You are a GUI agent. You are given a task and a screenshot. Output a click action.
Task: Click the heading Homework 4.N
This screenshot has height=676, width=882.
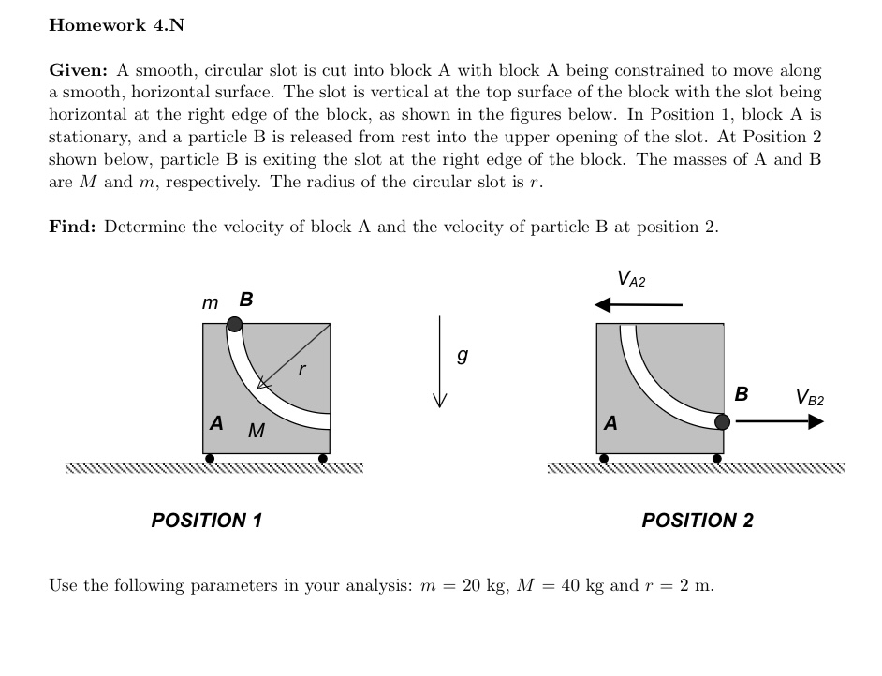[116, 25]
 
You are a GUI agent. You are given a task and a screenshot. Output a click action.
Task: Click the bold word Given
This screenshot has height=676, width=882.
[79, 70]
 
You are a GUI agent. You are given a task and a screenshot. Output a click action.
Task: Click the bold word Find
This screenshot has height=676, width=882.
[73, 227]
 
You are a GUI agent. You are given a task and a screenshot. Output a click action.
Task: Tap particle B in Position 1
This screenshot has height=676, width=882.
[235, 324]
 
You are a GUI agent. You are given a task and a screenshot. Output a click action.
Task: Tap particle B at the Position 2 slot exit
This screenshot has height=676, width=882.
[722, 421]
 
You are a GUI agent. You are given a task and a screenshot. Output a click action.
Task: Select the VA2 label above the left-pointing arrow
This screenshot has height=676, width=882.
[632, 279]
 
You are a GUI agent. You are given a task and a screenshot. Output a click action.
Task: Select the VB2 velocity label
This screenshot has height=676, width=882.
[810, 397]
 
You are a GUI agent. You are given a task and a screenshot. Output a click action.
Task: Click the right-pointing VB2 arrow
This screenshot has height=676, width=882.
[779, 421]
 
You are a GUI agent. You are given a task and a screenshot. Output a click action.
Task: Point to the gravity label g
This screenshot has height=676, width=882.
[461, 356]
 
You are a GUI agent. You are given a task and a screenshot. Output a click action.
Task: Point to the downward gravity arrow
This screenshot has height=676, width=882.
[437, 360]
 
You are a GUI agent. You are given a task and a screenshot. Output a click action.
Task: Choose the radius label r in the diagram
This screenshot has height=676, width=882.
[301, 370]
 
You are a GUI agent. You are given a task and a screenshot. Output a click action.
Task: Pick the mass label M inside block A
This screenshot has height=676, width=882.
[256, 432]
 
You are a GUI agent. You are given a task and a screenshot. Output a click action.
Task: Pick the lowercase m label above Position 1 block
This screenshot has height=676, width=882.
[210, 302]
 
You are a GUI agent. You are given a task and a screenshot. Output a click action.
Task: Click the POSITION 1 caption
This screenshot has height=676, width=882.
[207, 520]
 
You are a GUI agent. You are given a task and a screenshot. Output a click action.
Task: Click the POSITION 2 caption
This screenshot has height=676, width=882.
[698, 520]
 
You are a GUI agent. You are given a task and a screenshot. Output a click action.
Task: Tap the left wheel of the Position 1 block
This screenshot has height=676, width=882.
[210, 459]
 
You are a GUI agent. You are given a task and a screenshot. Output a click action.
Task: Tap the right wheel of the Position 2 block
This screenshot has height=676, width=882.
[717, 459]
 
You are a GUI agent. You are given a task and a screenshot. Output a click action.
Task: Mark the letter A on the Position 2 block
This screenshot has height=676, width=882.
[611, 423]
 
